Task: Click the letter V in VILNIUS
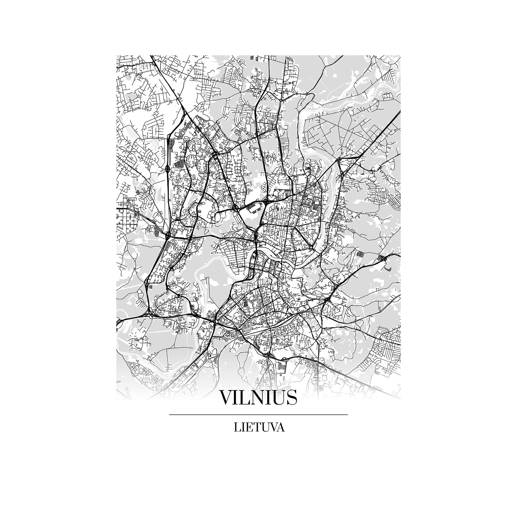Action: tap(227, 397)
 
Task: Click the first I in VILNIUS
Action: tap(238, 397)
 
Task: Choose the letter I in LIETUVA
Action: tap(243, 427)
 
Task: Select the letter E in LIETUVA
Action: tap(249, 427)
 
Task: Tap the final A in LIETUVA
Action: tap(281, 427)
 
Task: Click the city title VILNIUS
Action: tap(258, 397)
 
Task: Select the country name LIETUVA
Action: tap(259, 427)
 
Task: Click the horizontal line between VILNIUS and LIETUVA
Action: tap(258, 414)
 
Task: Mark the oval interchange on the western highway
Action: tap(167, 168)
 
